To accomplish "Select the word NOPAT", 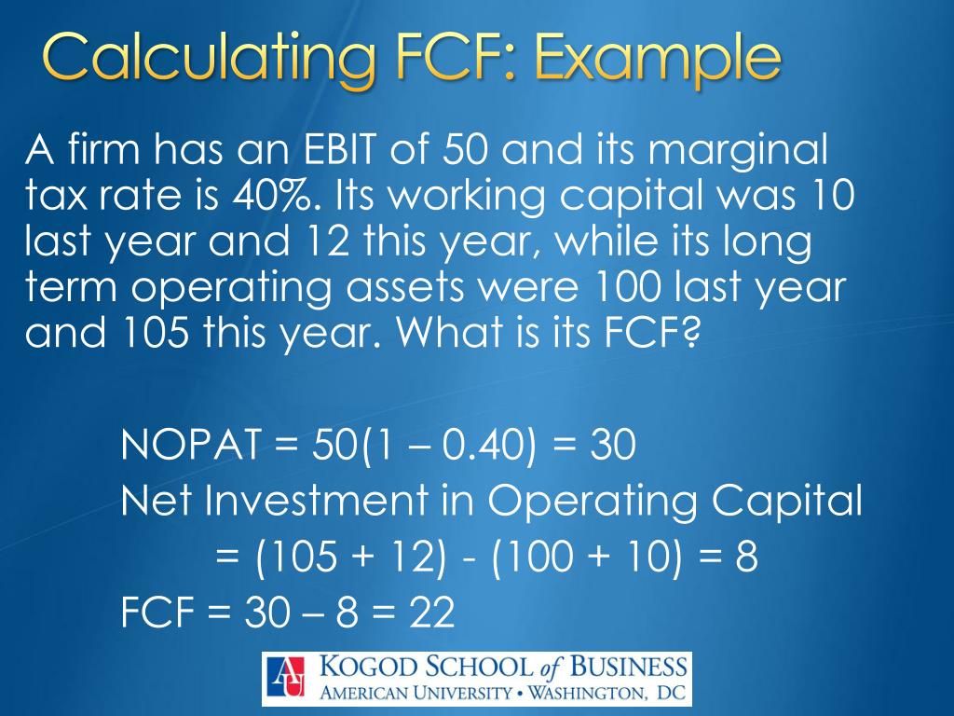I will pos(189,447).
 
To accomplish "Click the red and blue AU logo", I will pos(285,677).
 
